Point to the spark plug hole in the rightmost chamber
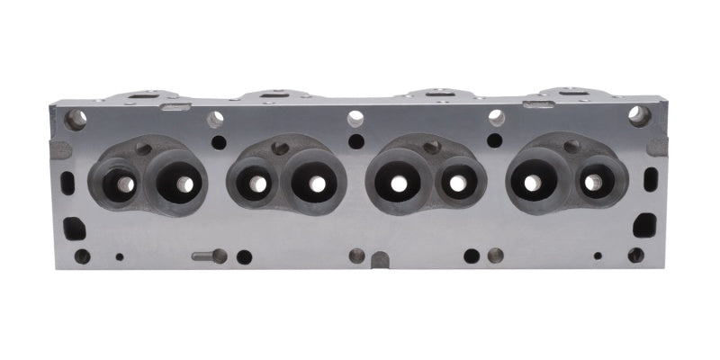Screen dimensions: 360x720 click(571, 147)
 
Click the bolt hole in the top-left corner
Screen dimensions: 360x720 click(76, 118)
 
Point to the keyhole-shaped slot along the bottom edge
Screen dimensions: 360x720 click(209, 256)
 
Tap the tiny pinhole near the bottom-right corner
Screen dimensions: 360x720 click(597, 256)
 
